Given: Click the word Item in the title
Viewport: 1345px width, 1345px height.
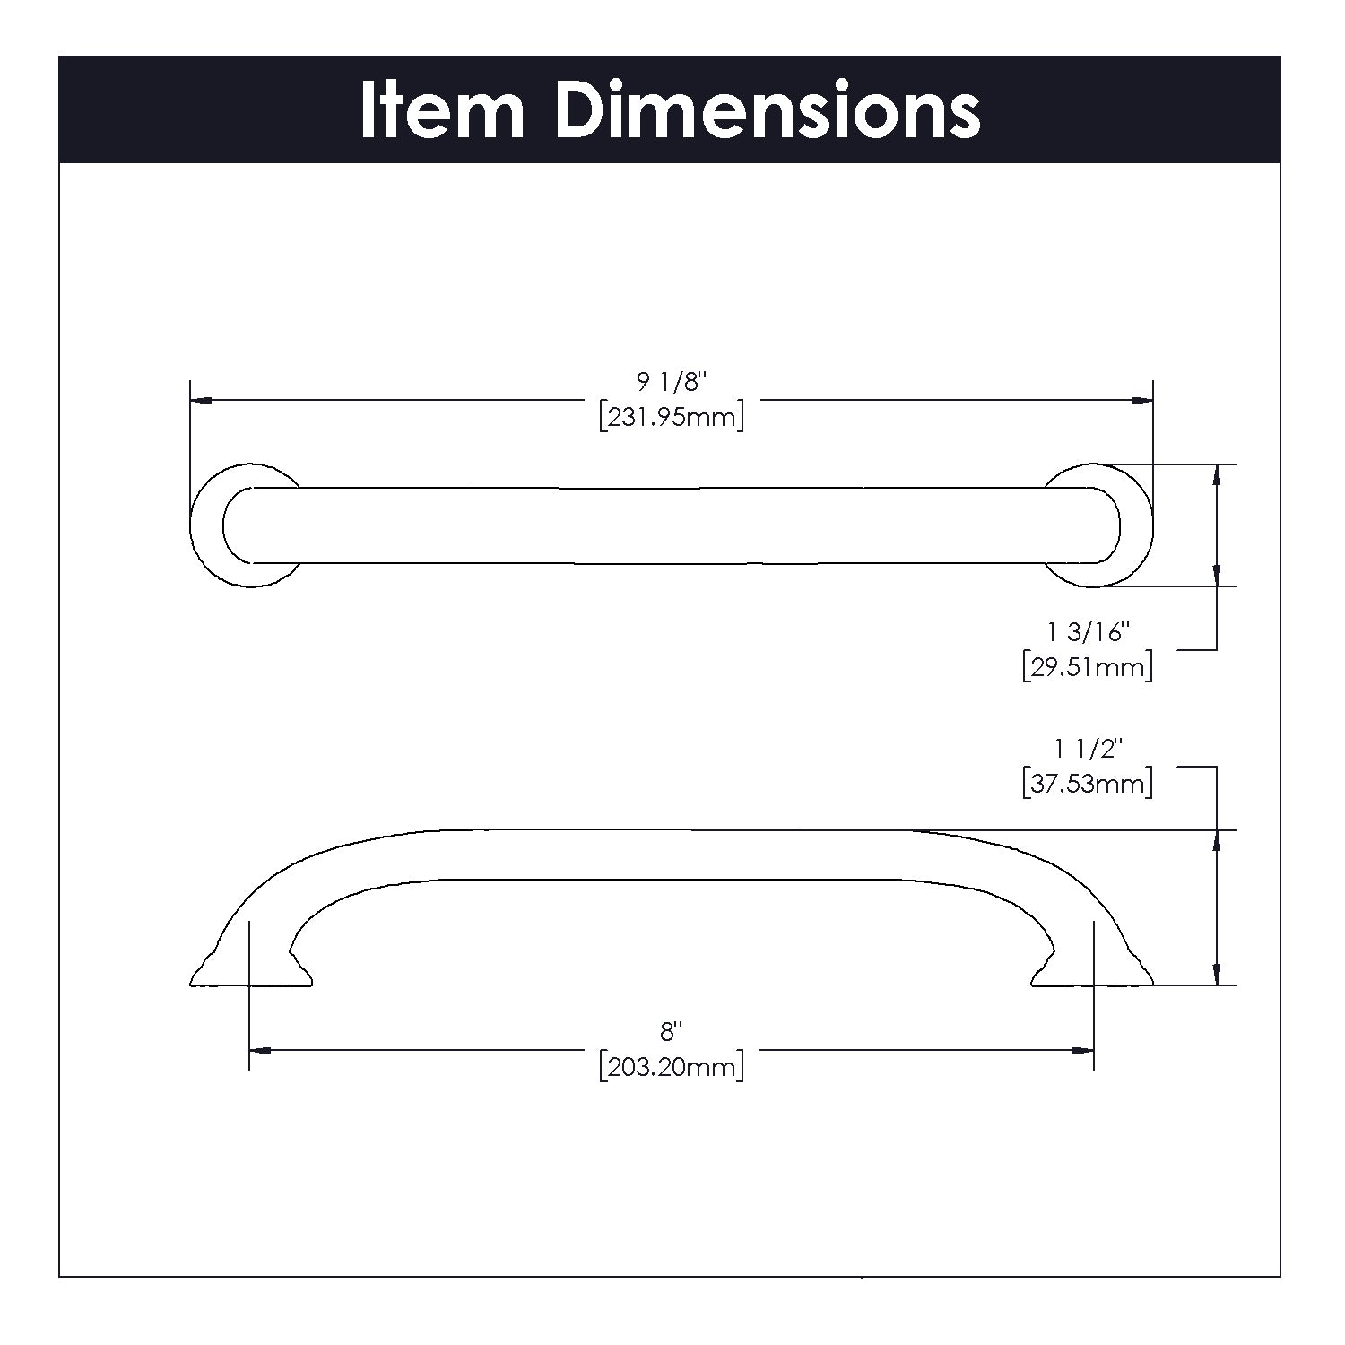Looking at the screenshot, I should [442, 110].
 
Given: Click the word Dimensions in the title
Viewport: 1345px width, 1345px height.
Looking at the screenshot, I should [768, 110].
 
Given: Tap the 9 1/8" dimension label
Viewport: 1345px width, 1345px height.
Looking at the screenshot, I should [672, 383].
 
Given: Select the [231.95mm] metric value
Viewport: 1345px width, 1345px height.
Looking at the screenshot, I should [672, 418].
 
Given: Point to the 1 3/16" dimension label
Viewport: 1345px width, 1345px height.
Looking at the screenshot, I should [1087, 633].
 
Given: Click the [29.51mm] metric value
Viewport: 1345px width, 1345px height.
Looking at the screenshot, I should [1087, 668].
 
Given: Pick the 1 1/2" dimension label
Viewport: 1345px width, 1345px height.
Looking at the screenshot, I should [1087, 749].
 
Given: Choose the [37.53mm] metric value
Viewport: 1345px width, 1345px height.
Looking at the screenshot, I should [1087, 784].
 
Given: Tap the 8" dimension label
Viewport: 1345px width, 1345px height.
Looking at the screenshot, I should [672, 1032].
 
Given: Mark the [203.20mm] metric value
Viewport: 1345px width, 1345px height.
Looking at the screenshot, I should [672, 1067].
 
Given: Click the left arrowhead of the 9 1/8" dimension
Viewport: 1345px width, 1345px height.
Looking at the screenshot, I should [202, 401].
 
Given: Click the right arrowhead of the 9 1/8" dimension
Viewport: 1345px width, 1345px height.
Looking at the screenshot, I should [1142, 401].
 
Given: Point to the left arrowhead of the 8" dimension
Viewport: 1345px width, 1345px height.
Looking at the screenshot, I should [260, 1050].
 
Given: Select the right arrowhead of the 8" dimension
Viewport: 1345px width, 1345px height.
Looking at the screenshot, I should [1083, 1050].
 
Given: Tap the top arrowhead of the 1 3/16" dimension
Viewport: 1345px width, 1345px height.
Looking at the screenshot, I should [1216, 474].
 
